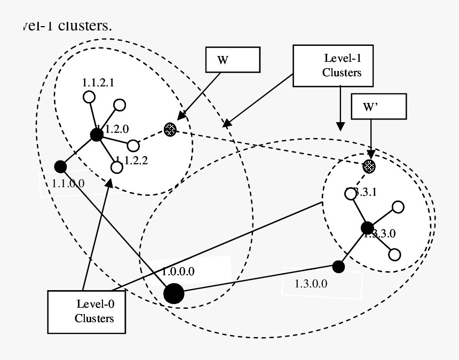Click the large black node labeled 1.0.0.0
173,293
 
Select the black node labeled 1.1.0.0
60,166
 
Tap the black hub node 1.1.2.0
96,135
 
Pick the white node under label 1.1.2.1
89,97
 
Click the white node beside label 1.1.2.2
116,167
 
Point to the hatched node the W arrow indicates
170,129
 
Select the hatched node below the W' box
369,166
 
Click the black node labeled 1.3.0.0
338,266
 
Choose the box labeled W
233,59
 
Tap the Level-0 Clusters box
86,312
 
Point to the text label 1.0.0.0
178,271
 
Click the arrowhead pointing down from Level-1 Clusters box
340,126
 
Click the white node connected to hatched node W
133,146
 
